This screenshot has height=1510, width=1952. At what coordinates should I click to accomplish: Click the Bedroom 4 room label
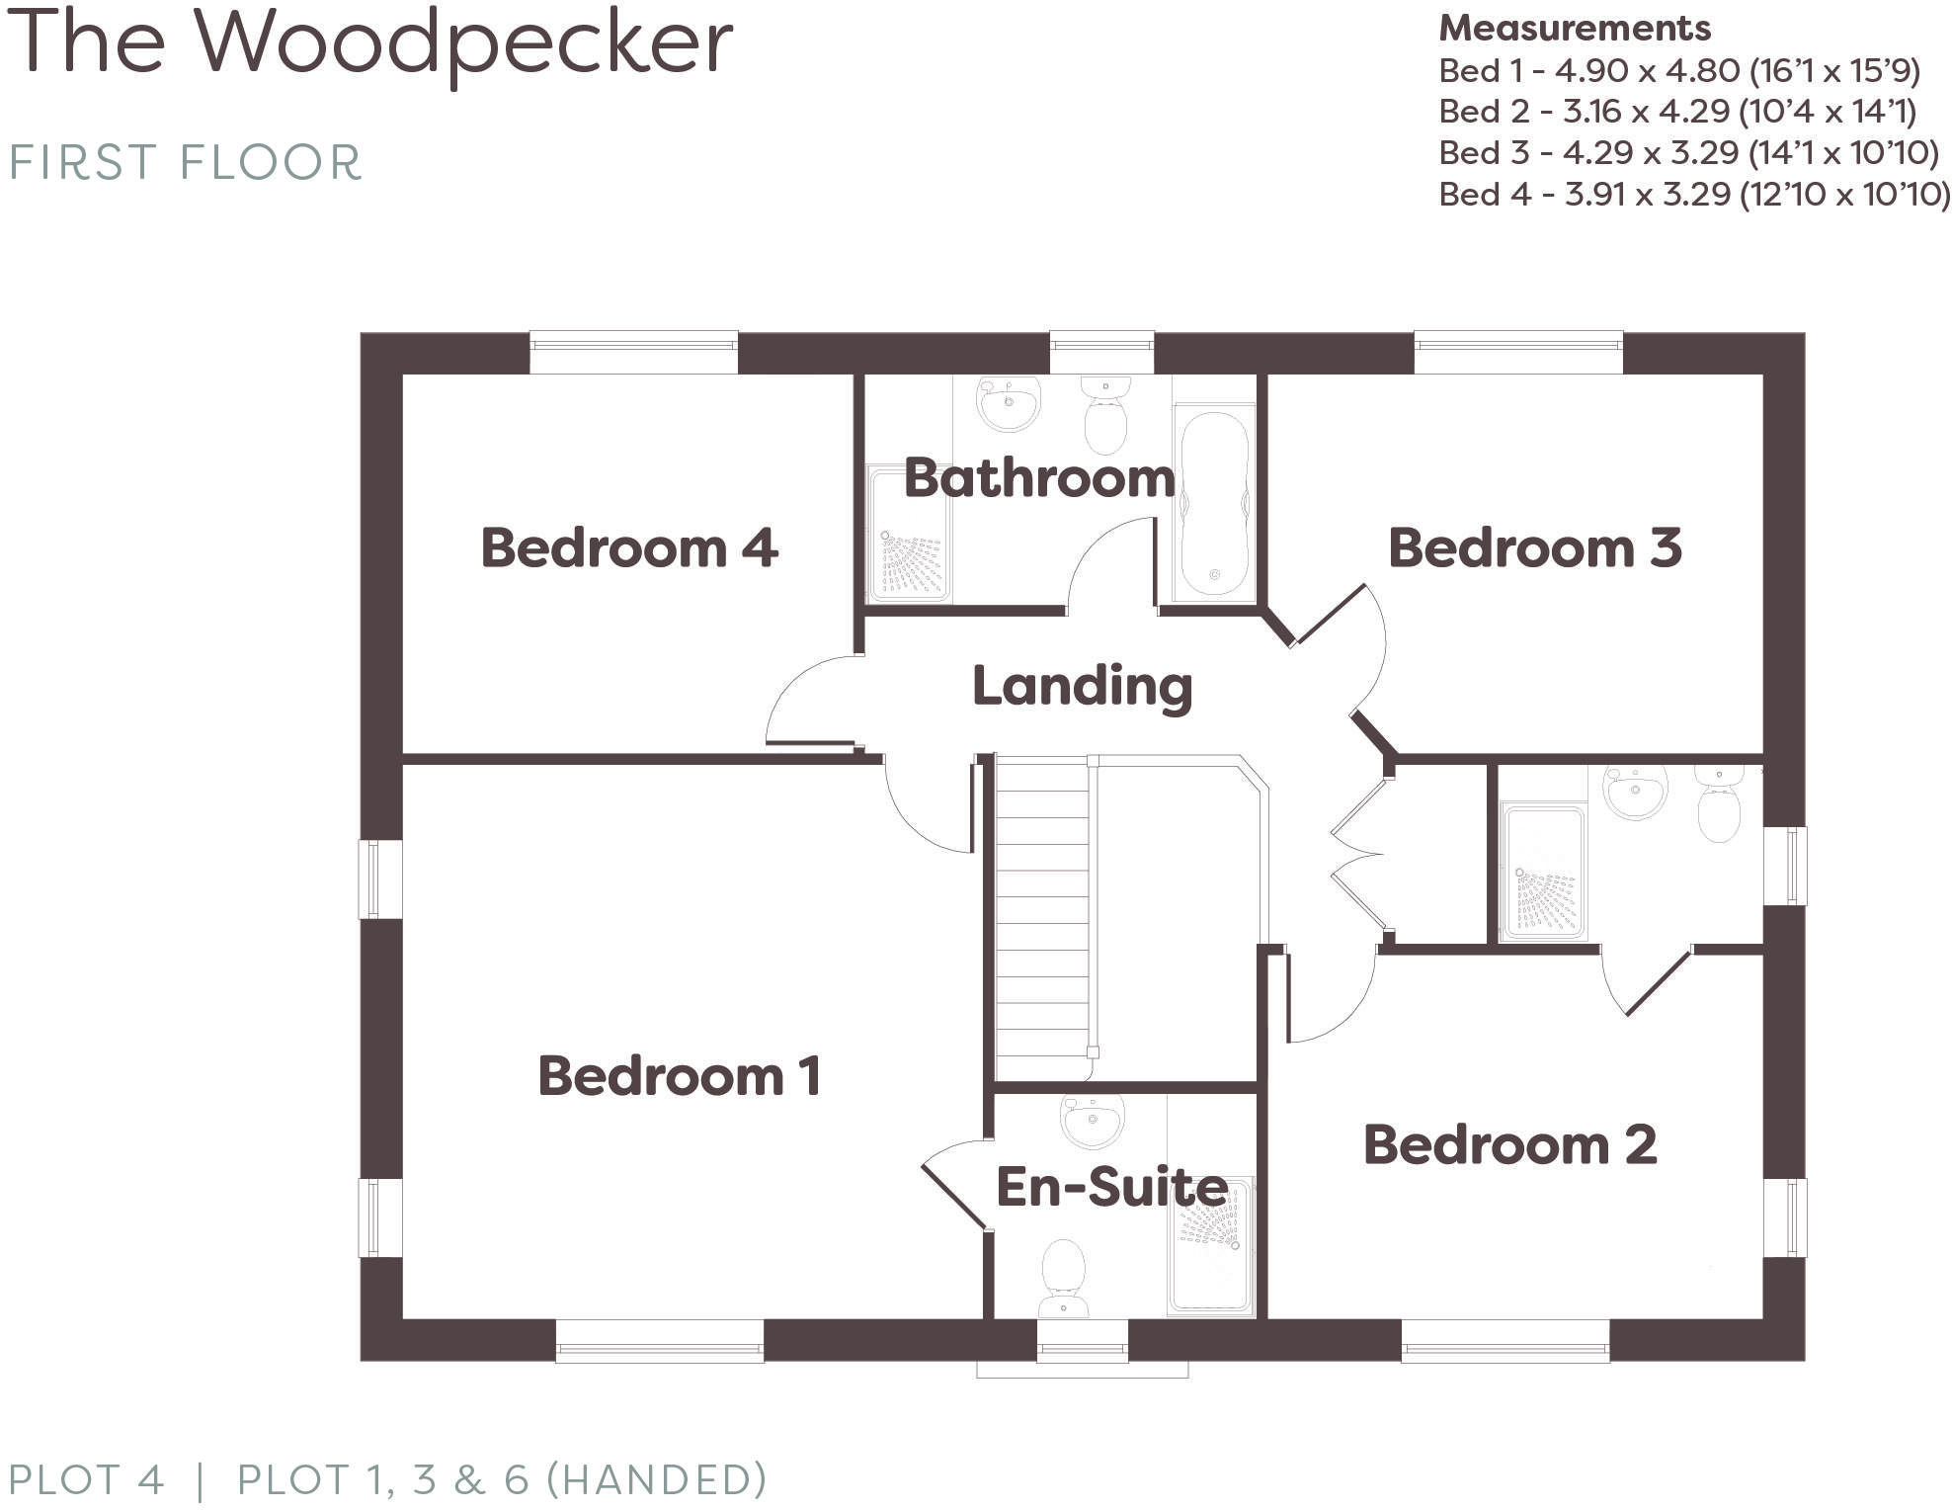(x=629, y=548)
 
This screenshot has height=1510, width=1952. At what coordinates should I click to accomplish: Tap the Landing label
(x=1082, y=686)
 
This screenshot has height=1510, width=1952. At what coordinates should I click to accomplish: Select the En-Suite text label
(x=1111, y=1186)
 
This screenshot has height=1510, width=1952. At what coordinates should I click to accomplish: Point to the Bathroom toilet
(x=1105, y=415)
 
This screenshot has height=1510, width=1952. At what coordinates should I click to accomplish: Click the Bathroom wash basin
(x=1009, y=403)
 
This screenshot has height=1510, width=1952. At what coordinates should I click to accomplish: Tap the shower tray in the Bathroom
(x=909, y=534)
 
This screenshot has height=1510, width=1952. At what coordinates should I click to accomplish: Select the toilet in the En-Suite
(x=1064, y=1279)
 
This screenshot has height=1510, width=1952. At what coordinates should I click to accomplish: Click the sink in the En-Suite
(x=1092, y=1122)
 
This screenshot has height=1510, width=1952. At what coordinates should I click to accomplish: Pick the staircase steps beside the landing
(x=1042, y=919)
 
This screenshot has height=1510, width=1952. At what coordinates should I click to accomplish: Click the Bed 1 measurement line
(x=1678, y=71)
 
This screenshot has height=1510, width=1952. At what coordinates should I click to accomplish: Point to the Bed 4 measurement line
(x=1693, y=195)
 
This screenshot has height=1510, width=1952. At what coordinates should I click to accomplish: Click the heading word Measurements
(x=1574, y=29)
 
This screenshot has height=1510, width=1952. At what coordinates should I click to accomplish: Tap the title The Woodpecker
(x=370, y=44)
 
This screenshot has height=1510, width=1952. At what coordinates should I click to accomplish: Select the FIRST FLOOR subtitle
(x=186, y=163)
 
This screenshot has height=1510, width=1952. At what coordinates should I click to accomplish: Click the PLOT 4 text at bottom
(x=86, y=1480)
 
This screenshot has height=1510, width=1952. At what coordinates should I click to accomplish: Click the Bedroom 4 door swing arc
(x=800, y=692)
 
